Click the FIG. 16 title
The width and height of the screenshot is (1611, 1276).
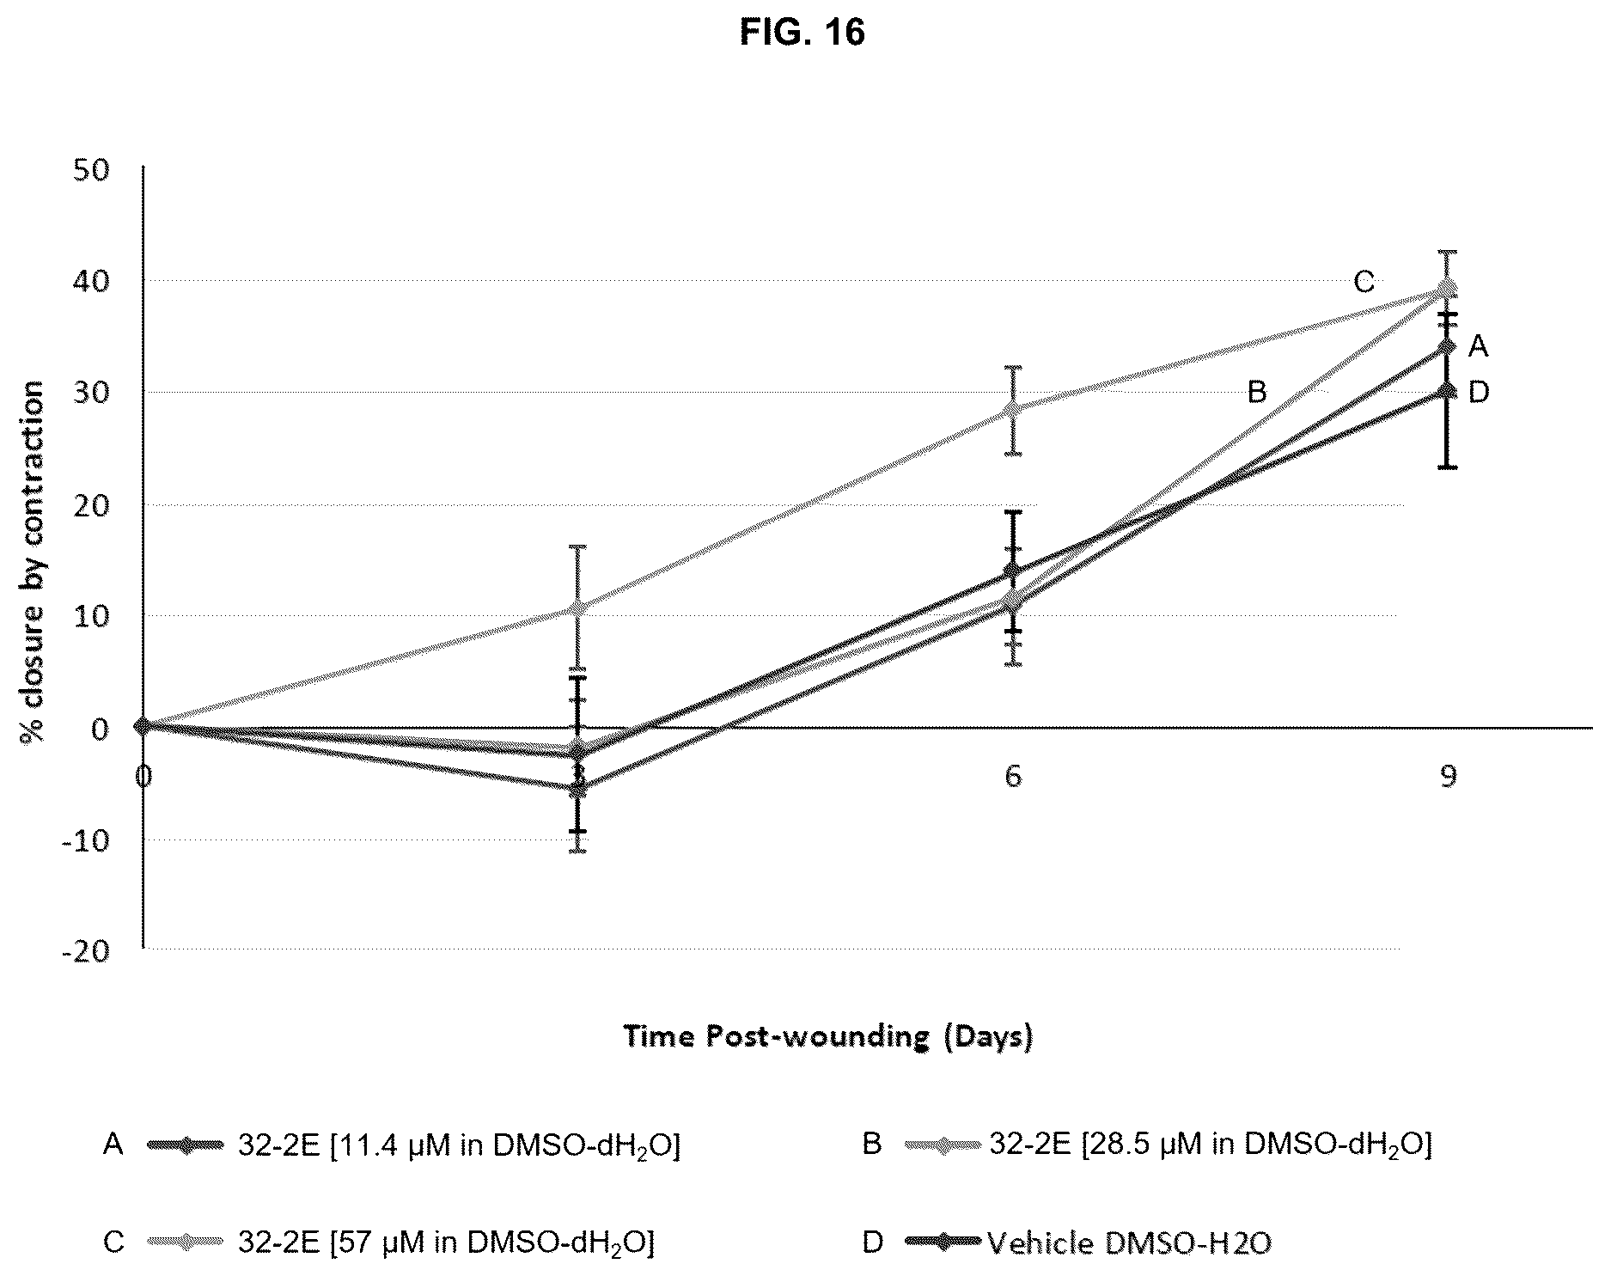[802, 33]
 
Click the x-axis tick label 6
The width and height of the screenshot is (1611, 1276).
[1014, 776]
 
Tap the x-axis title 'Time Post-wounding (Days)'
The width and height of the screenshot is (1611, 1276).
[828, 1036]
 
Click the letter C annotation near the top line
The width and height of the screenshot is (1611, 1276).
[1364, 281]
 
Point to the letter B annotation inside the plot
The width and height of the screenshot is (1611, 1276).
[1257, 393]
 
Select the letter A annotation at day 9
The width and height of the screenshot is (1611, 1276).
[1478, 346]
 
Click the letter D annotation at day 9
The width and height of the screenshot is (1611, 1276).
[1479, 393]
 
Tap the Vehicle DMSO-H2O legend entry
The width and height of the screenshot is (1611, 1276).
[1066, 1242]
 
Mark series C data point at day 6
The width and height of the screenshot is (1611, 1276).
[1014, 409]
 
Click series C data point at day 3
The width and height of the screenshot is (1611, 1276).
[578, 607]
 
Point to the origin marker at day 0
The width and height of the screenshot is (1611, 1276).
[143, 726]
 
